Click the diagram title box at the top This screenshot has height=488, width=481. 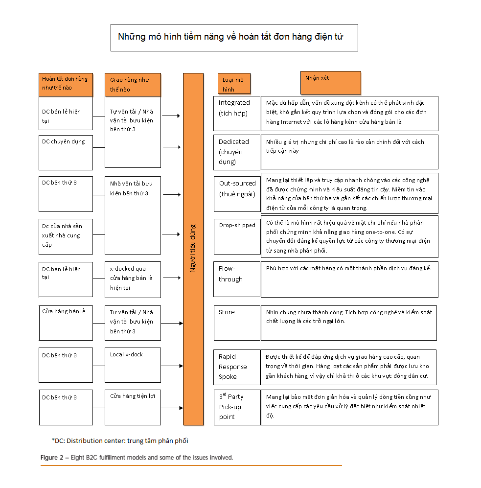[x=234, y=37]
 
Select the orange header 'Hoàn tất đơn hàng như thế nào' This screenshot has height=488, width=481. [x=66, y=84]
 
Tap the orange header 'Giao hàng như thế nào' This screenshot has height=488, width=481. [x=133, y=84]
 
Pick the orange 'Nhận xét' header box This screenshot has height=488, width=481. [x=330, y=83]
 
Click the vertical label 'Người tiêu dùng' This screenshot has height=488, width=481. [x=193, y=248]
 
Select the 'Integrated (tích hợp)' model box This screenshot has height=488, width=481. [x=237, y=114]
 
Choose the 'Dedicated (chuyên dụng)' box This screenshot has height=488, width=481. [x=237, y=152]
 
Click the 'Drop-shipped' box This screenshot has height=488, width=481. [x=237, y=236]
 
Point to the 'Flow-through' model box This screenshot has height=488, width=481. [x=237, y=279]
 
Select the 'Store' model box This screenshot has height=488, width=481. [x=237, y=323]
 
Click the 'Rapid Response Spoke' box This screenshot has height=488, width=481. [x=237, y=367]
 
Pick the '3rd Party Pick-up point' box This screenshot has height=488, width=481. [x=237, y=407]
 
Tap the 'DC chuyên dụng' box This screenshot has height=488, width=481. [x=66, y=152]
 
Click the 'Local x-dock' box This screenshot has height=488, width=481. [x=133, y=365]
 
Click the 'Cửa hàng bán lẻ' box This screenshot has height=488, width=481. [x=66, y=323]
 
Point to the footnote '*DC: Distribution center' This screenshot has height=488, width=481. [x=120, y=441]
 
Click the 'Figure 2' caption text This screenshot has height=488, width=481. [x=137, y=458]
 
